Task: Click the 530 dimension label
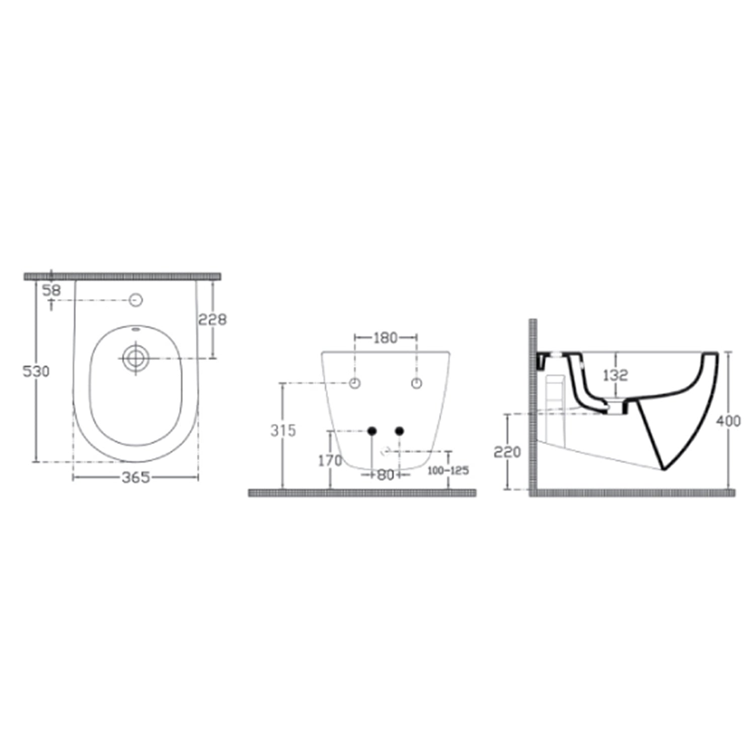36,371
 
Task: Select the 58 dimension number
51,290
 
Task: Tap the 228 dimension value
212,319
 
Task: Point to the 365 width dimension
135,477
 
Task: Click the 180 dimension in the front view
386,338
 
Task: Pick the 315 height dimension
283,430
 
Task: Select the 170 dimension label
330,460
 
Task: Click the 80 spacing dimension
386,475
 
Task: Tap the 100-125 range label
448,471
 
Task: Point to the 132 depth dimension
615,375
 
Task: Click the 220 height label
507,452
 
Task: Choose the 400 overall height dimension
728,420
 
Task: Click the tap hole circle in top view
136,300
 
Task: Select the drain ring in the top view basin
135,358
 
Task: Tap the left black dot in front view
372,431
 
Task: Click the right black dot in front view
400,431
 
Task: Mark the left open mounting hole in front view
355,384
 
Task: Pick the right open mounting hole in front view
416,384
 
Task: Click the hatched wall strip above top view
122,276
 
